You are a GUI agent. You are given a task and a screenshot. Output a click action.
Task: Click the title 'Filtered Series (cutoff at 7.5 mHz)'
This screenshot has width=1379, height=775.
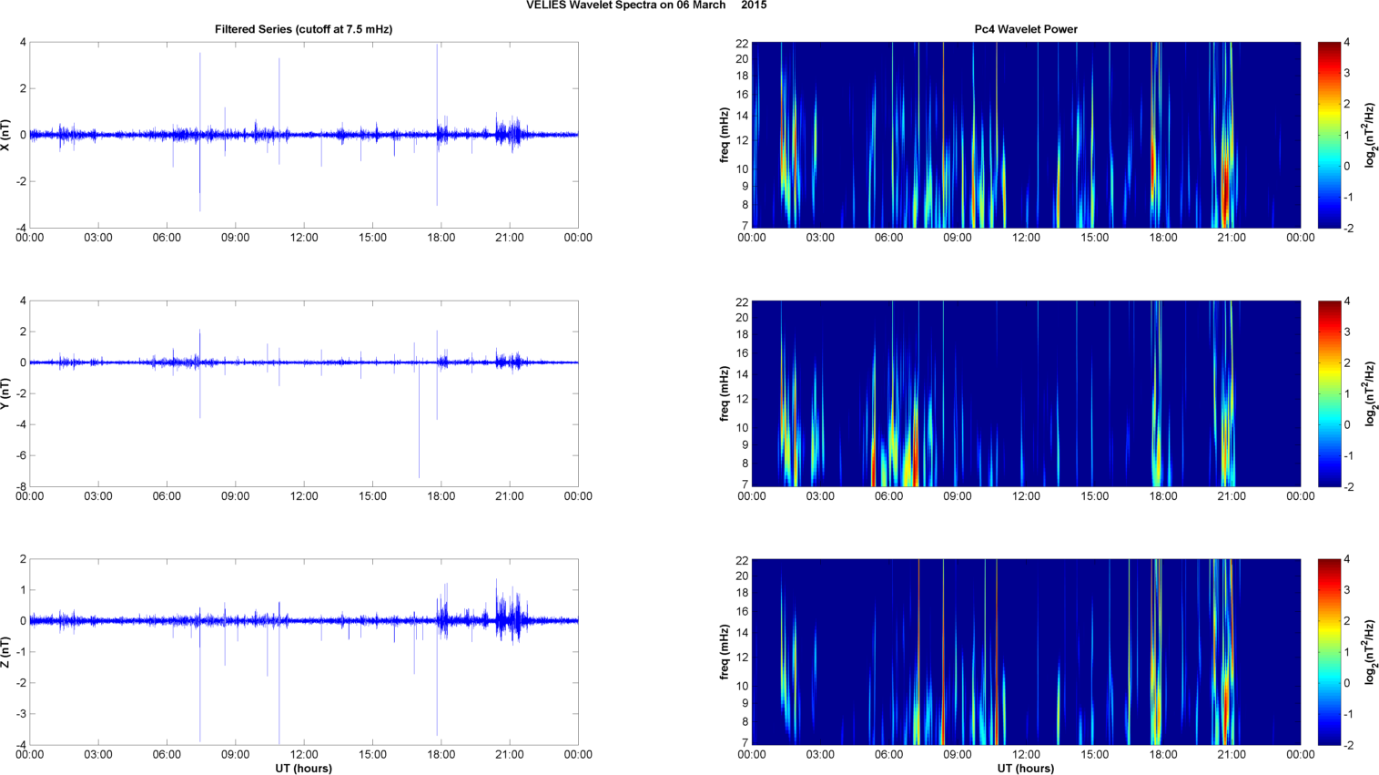(303, 29)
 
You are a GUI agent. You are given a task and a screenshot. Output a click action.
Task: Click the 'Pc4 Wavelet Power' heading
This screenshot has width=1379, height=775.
(1026, 29)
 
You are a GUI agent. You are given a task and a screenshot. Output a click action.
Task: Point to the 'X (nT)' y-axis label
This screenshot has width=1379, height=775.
(7, 135)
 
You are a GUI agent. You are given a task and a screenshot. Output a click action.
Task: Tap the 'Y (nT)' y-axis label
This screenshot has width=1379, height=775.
(7, 393)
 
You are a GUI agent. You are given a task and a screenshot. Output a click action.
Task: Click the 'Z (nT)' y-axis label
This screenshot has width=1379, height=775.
(7, 652)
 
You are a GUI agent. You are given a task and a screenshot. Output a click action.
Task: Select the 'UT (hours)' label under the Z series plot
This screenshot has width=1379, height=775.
(303, 769)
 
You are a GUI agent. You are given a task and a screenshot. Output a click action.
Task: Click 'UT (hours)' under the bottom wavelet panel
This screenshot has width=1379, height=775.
(1026, 769)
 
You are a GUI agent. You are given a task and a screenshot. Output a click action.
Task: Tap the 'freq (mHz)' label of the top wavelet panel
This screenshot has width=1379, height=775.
(725, 135)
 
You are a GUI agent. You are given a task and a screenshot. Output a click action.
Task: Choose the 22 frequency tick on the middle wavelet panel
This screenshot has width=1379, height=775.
(742, 301)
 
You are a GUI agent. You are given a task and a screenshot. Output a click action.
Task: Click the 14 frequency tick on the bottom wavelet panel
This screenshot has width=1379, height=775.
(742, 633)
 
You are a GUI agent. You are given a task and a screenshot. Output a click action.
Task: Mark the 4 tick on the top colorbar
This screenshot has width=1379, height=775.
(1346, 43)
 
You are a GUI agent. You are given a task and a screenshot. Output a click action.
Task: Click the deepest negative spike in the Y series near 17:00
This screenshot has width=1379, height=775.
(419, 475)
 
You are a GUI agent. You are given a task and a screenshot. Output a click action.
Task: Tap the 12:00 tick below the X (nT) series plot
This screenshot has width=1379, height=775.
(304, 238)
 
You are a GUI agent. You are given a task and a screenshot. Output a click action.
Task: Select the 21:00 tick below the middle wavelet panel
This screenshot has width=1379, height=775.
(1232, 496)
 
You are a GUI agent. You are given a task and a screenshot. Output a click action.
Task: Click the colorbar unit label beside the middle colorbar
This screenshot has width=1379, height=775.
(1370, 393)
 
